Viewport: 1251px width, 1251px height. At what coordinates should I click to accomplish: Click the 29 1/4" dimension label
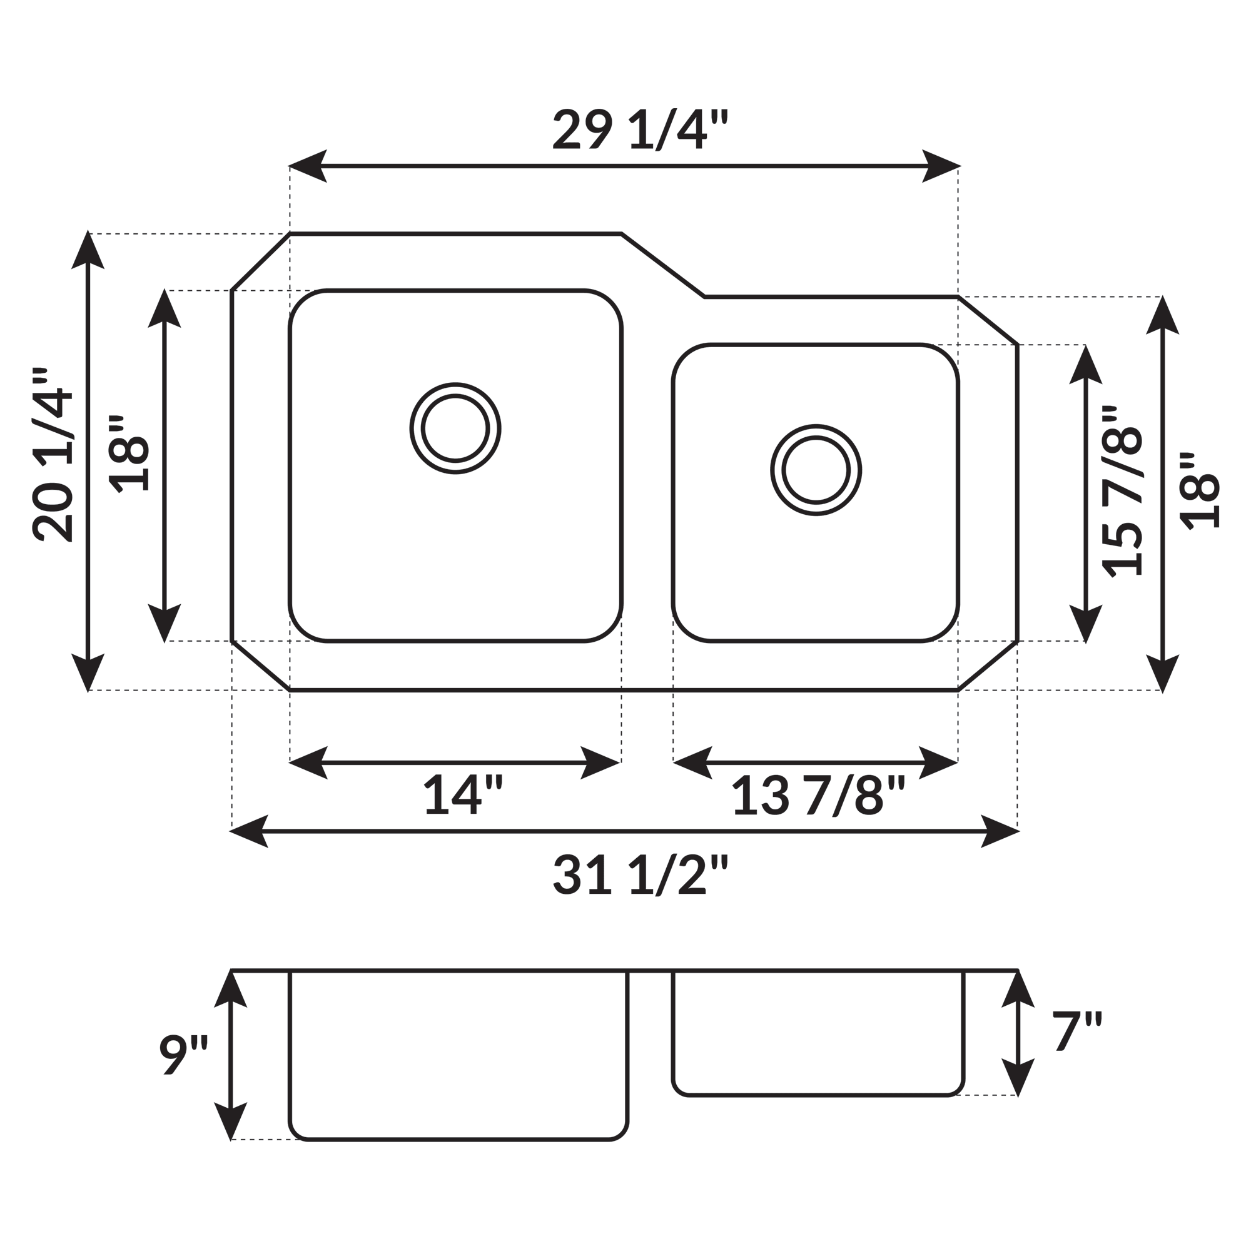[641, 129]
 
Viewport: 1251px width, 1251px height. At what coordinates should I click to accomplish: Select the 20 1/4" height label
[53, 455]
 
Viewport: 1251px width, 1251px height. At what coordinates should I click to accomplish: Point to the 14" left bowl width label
[463, 794]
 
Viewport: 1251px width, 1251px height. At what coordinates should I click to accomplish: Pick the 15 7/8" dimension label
[1122, 492]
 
